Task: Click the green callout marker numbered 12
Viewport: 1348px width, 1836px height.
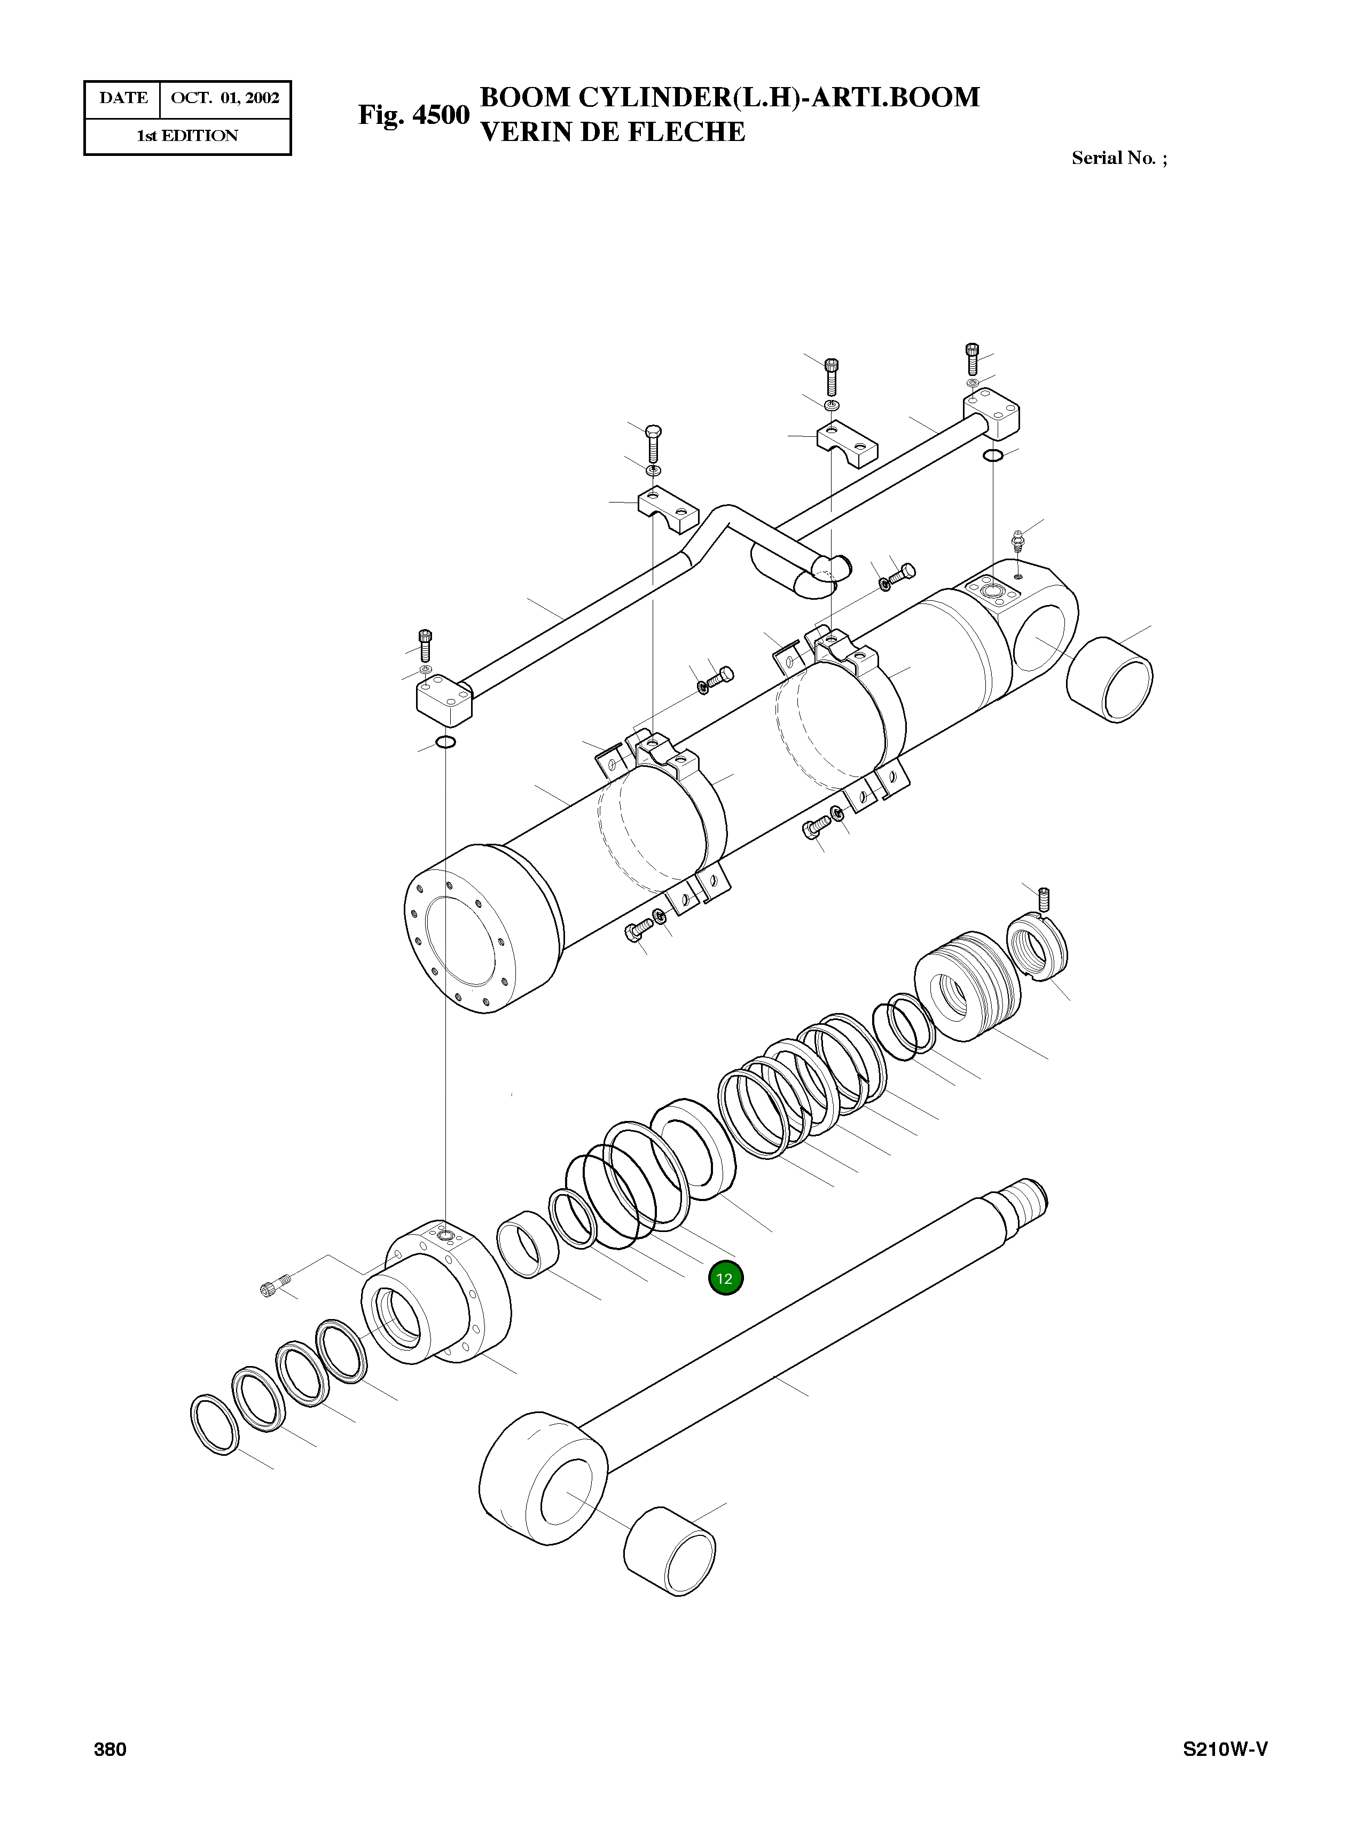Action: (725, 1278)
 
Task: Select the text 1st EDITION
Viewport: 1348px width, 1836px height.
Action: (187, 136)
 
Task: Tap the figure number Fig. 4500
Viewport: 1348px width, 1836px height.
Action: (414, 115)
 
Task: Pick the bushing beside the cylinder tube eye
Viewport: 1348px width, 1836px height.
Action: (1110, 679)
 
